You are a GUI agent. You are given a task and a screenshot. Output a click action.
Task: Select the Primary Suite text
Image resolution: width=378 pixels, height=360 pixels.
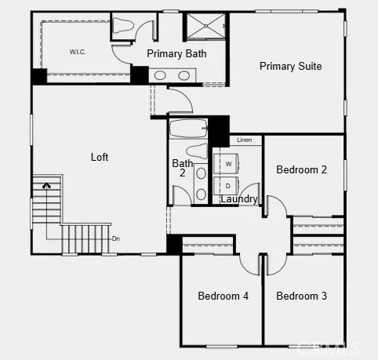(290, 67)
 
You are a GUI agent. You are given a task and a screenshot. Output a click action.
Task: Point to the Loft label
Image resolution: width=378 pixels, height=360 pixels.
(100, 157)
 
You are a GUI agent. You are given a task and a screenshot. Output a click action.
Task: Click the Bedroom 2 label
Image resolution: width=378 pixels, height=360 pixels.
(302, 169)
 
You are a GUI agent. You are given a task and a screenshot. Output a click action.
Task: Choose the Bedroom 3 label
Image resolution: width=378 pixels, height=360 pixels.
(302, 296)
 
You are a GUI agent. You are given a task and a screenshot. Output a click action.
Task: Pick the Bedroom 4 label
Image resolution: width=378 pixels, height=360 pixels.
(223, 296)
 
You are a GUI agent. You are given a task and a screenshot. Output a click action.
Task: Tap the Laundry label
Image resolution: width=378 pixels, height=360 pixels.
(238, 199)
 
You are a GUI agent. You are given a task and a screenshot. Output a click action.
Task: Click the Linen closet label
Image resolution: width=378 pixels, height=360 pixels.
(244, 140)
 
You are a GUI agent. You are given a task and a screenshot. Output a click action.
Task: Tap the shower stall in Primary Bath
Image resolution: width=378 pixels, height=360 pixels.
(206, 26)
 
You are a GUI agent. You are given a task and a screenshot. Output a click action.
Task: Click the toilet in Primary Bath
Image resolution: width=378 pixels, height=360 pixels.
(123, 26)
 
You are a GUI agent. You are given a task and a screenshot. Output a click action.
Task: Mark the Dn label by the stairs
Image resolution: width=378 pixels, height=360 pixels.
(115, 238)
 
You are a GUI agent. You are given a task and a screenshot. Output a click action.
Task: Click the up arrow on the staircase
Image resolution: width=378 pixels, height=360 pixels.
(48, 187)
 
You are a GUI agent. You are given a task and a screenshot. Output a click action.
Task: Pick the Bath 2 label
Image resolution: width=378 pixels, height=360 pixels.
(180, 168)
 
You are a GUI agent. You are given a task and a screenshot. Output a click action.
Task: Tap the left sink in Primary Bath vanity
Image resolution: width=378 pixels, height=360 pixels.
(161, 75)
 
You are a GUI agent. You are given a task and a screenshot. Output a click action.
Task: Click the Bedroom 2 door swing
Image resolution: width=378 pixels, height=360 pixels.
(274, 206)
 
